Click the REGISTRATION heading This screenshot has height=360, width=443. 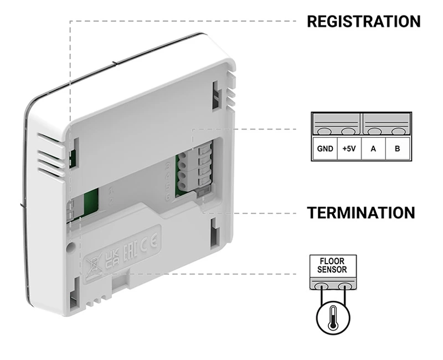tap(363, 22)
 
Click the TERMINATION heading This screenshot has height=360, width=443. tap(361, 213)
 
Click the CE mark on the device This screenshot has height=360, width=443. tap(151, 241)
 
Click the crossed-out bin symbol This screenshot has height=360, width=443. tap(91, 264)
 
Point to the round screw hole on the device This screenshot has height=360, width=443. tap(71, 244)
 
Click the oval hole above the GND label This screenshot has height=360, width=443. tap(324, 132)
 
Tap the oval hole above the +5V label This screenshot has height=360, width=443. tap(348, 132)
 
